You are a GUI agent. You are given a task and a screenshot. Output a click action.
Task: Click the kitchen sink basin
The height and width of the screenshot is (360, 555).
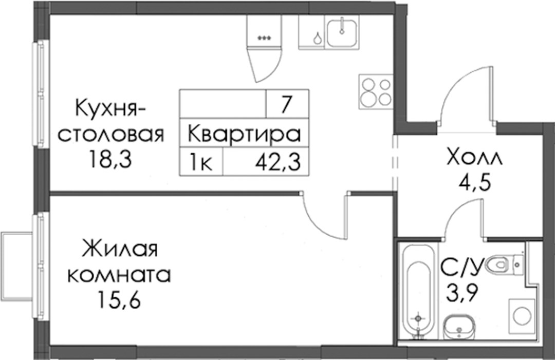[342, 33]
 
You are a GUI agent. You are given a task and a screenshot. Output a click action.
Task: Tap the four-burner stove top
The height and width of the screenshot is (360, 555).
[376, 91]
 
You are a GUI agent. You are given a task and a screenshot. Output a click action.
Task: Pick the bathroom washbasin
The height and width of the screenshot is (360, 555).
[459, 327]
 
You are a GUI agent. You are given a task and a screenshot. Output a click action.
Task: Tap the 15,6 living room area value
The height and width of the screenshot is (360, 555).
[119, 300]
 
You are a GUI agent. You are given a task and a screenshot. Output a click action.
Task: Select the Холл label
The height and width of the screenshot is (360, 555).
[474, 157]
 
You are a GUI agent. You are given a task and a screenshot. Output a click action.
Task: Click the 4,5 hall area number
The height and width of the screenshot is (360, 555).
[474, 183]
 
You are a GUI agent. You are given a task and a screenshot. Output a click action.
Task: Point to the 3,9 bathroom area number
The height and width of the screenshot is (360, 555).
[462, 293]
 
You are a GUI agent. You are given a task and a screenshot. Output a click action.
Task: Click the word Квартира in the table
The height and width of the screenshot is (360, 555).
[244, 135]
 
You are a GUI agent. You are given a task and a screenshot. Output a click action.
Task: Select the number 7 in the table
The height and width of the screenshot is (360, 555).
[286, 105]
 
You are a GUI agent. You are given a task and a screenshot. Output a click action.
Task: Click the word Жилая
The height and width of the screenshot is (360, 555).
[120, 249]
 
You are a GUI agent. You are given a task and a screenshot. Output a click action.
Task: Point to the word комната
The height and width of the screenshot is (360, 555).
[119, 275]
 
